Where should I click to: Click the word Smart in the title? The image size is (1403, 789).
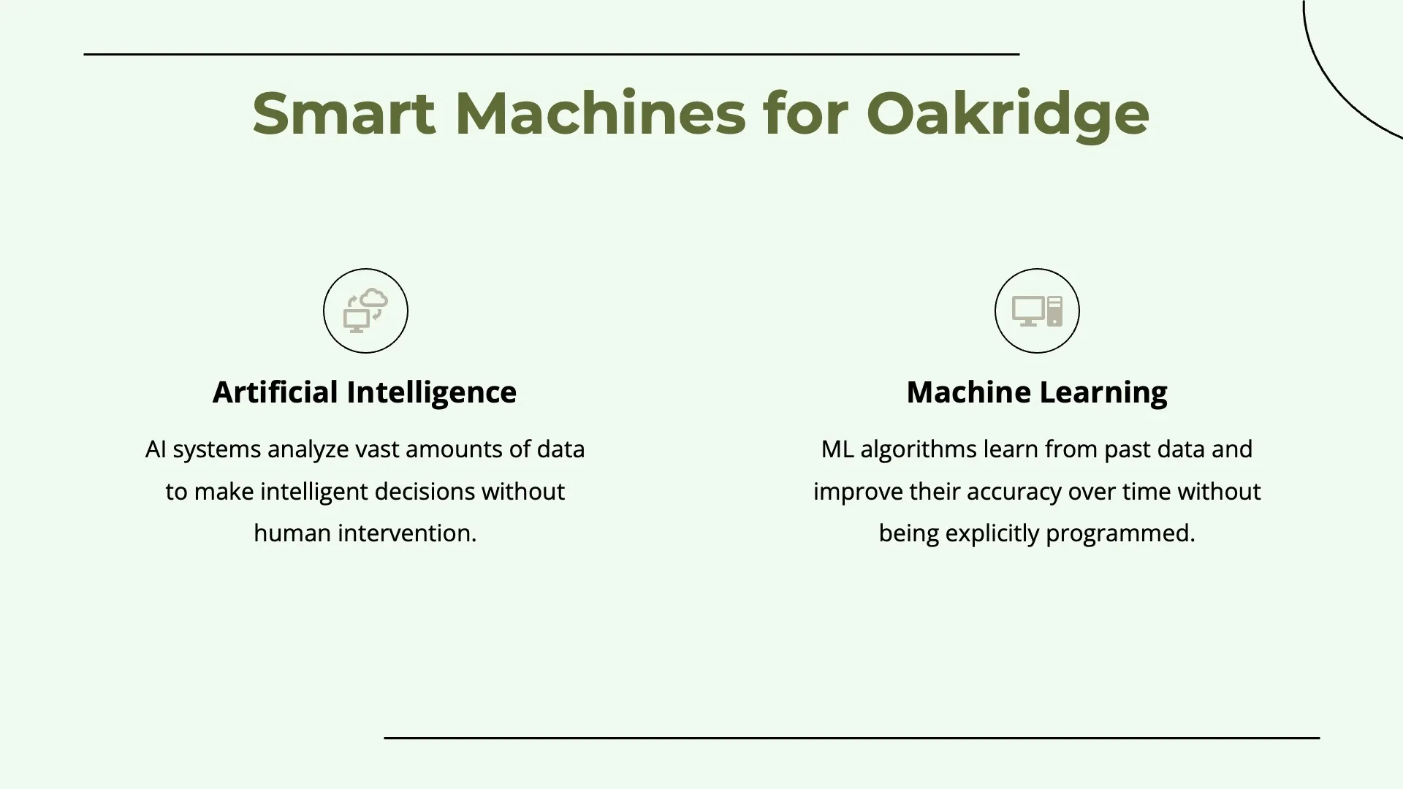tap(343, 113)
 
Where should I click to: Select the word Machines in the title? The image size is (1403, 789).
tap(600, 113)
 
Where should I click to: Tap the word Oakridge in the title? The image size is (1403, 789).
tap(1008, 115)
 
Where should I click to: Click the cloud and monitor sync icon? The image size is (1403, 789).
tap(365, 310)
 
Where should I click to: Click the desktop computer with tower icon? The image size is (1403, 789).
tap(1037, 310)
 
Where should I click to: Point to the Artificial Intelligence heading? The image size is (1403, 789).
tap(365, 392)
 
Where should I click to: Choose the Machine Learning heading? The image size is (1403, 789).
tap(1037, 392)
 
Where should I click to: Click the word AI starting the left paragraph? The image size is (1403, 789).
tap(156, 449)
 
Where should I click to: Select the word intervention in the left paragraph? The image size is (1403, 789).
tap(407, 533)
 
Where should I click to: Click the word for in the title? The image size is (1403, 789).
tap(805, 113)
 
